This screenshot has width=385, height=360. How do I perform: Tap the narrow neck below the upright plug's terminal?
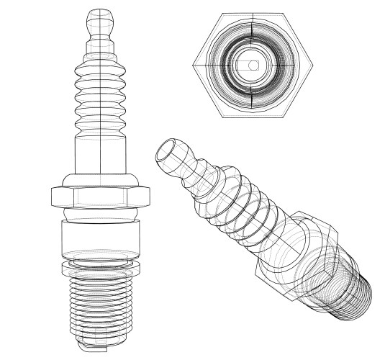click(99, 45)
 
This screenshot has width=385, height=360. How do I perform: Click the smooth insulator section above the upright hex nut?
click(99, 155)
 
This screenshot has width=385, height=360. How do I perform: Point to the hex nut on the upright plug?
click(99, 197)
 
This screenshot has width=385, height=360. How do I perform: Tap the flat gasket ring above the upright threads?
click(99, 268)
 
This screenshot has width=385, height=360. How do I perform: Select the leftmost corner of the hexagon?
click(194, 66)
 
